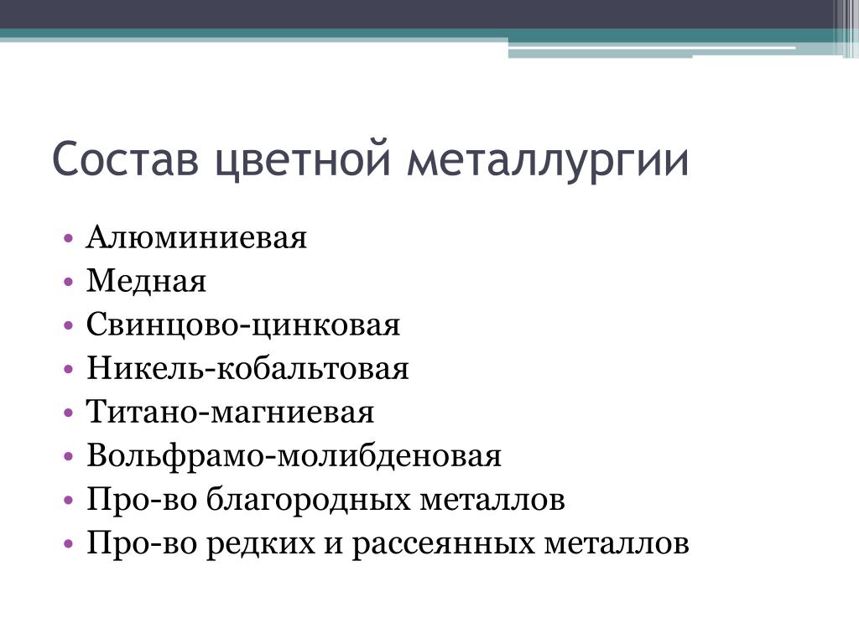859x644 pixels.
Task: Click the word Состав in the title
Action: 126,158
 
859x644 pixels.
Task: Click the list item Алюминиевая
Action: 196,237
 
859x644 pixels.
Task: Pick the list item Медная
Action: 146,282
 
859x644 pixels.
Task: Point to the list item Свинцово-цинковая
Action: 243,325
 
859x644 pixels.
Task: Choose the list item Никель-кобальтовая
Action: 247,368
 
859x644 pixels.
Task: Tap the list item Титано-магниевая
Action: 230,412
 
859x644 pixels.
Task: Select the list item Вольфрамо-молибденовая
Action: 294,456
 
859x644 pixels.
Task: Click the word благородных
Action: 308,500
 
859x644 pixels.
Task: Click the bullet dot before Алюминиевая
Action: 68,239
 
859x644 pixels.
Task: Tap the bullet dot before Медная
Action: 68,283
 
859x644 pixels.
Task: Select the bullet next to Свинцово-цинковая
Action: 68,326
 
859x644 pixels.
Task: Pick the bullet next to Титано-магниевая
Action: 68,413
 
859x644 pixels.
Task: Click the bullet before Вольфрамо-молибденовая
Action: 68,457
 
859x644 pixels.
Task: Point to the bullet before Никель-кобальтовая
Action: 68,370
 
